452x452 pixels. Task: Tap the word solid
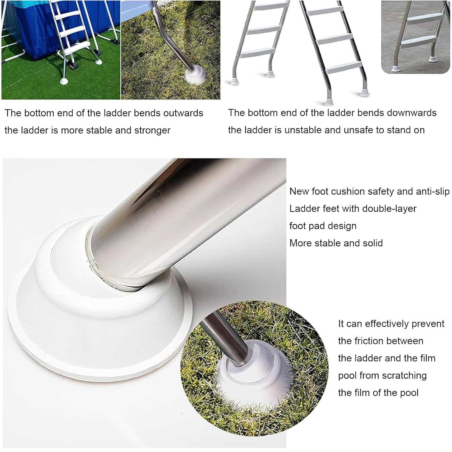[x=373, y=243]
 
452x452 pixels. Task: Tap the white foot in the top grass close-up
[x=196, y=75]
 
